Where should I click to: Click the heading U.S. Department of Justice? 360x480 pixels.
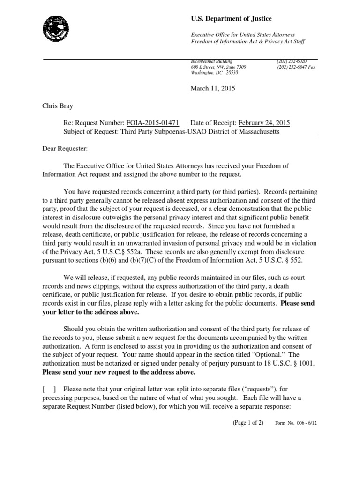[231, 18]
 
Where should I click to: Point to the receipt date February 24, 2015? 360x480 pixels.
[264, 123]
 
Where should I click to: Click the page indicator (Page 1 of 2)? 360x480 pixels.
[251, 422]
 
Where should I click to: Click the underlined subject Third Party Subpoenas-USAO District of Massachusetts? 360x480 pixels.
[200, 132]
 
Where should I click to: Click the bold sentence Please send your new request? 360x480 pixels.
[119, 373]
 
